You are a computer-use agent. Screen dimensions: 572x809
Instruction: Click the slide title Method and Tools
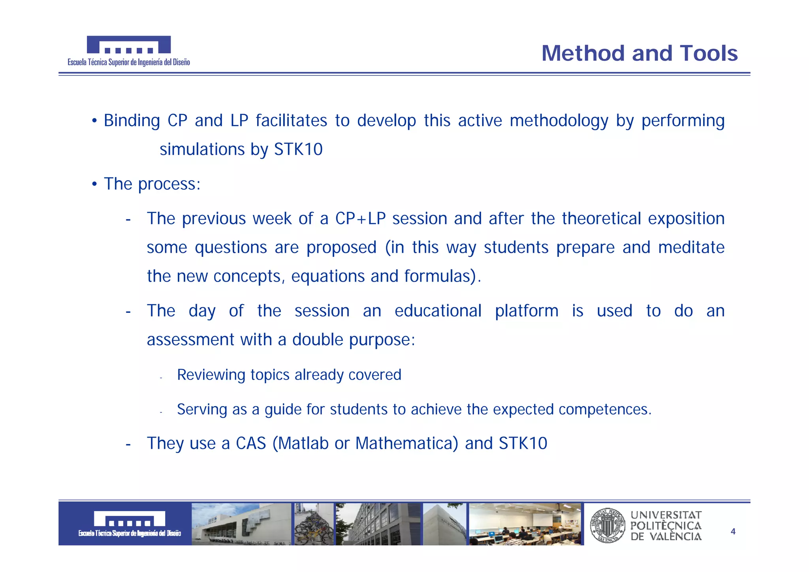[x=639, y=53]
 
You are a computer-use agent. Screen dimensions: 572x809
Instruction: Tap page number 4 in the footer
[x=733, y=532]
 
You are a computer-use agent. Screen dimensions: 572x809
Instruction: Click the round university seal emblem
[x=608, y=525]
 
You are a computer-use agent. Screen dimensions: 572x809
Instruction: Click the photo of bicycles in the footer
[x=314, y=525]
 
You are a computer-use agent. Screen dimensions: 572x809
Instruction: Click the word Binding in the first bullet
[x=132, y=121]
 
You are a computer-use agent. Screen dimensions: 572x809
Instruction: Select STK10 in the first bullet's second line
[x=298, y=150]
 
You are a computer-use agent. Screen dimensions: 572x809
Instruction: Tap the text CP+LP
[x=360, y=219]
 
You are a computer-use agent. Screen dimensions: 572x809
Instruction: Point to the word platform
[x=527, y=311]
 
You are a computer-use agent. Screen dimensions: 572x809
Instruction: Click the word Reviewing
[x=211, y=375]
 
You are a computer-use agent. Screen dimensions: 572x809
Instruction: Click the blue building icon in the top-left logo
[x=129, y=45]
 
